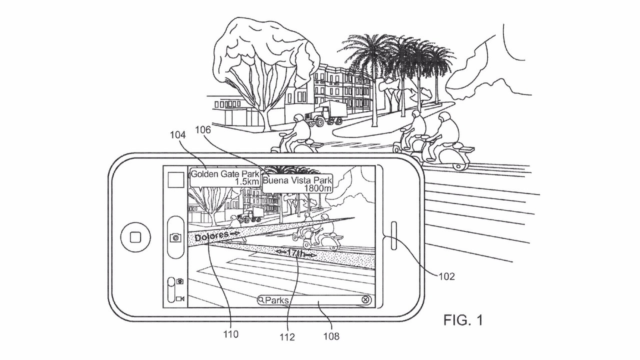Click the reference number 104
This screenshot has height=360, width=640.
pos(178,135)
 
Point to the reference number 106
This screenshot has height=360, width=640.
pos(210,129)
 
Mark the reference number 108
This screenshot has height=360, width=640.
pos(331,336)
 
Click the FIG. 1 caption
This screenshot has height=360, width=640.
pos(463,320)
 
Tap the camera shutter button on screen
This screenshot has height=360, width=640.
pos(175,237)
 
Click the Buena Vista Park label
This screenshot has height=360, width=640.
pos(297,184)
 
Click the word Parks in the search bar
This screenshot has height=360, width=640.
pos(277,300)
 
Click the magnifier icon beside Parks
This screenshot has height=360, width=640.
pos(261,300)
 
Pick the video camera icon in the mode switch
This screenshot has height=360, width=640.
pos(179,299)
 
